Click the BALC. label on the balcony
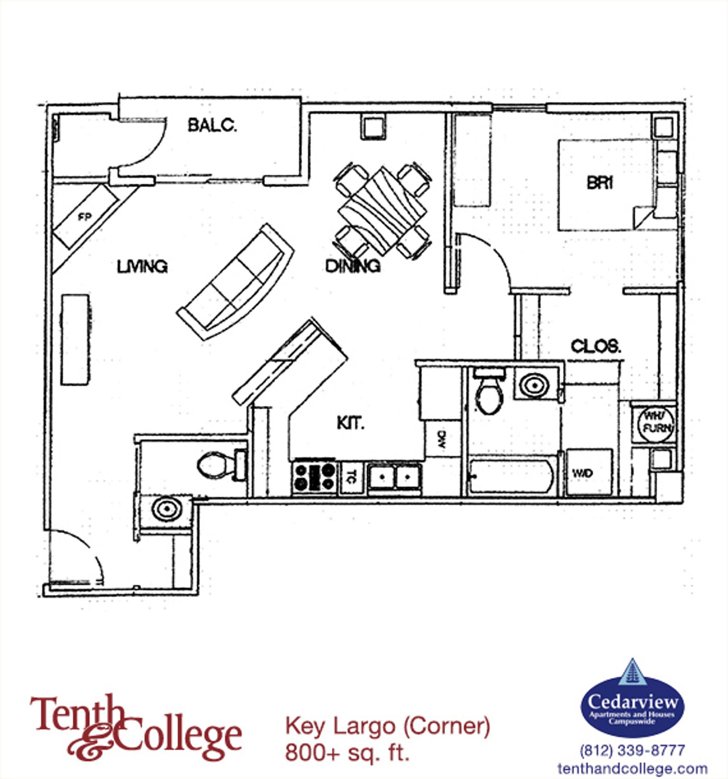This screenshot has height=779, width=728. click(x=211, y=125)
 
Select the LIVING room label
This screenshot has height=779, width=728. click(x=142, y=267)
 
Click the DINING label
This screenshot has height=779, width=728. click(x=352, y=266)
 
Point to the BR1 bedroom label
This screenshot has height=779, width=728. click(x=600, y=183)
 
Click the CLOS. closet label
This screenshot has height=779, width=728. click(x=596, y=346)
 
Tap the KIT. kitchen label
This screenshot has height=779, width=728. click(x=350, y=423)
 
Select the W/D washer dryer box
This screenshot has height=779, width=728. click(x=589, y=472)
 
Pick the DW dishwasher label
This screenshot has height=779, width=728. click(x=442, y=439)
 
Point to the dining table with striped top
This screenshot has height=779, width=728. click(x=383, y=212)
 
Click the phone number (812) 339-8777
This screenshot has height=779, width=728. click(x=632, y=750)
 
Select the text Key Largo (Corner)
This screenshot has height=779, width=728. click(x=388, y=725)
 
